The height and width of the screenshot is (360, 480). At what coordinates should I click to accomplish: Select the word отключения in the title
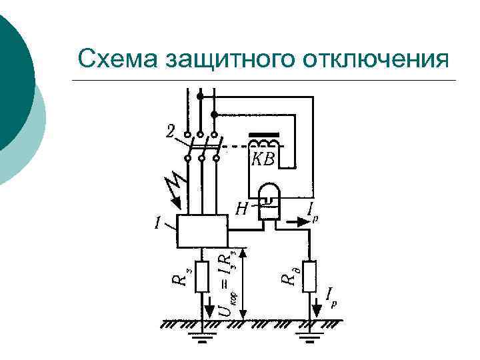pos(377,59)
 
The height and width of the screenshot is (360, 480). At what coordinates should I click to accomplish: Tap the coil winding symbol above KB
pos(265,145)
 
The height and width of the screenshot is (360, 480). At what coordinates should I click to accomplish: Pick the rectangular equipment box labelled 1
pos(201,231)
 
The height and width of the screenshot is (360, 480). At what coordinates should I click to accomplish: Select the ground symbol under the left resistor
pos(202,342)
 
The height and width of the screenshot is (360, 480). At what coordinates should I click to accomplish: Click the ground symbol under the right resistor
pos(309,342)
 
